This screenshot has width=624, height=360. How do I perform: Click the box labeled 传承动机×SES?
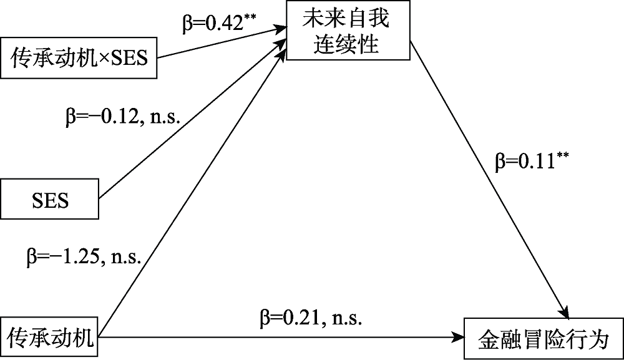coord(79,59)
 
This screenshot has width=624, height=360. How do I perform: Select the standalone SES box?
coord(50,200)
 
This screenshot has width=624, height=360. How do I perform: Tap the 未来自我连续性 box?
coord(346,31)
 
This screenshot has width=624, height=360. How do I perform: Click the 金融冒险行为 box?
coord(542,339)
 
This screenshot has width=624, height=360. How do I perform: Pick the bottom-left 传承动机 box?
coord(50,339)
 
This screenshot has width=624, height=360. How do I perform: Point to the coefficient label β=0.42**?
coord(215,22)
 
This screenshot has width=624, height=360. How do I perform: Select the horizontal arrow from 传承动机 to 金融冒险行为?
coord(281,339)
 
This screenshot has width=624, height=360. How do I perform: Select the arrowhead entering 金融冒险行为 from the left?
coord(459,339)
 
